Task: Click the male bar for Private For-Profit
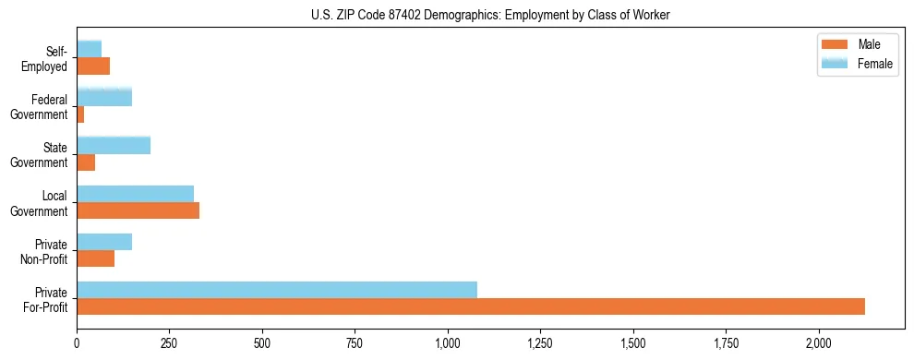[471, 306]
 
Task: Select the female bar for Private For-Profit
[277, 290]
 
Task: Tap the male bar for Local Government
[138, 210]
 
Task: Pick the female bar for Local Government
[135, 194]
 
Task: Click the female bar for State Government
[114, 146]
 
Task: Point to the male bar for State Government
[86, 162]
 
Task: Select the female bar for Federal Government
[104, 97]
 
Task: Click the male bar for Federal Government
[80, 114]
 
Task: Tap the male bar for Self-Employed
[93, 66]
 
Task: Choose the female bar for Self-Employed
[89, 49]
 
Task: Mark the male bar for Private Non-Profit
[95, 258]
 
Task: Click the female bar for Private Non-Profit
[104, 242]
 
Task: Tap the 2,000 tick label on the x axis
[819, 343]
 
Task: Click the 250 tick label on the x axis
[170, 343]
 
